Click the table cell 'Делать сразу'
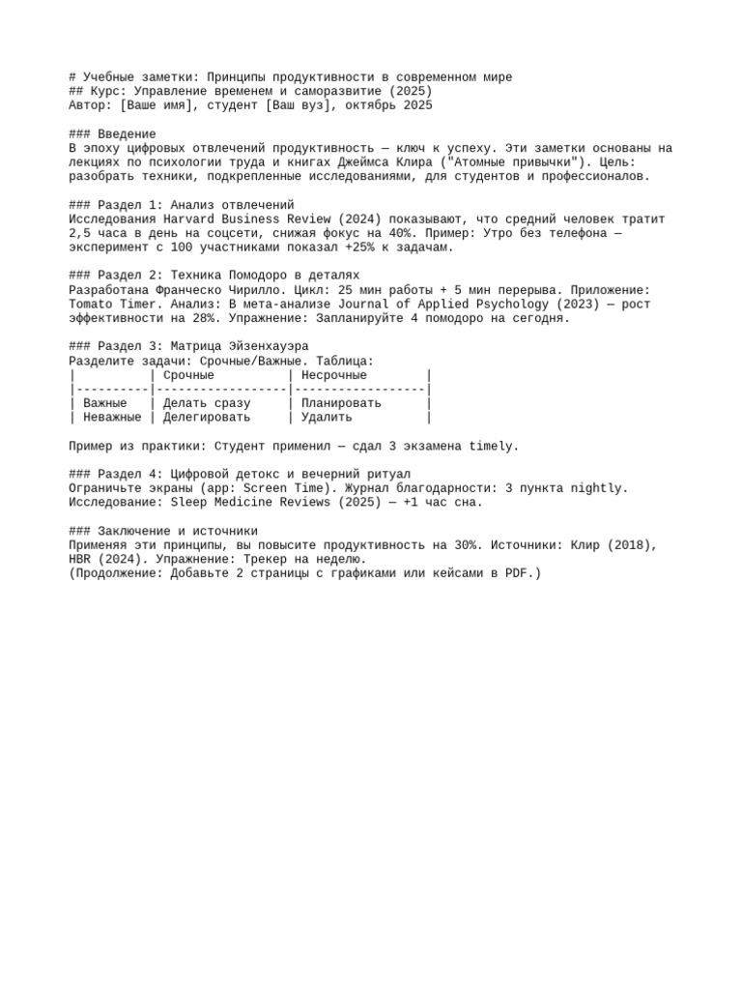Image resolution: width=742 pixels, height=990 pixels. pyautogui.click(x=207, y=403)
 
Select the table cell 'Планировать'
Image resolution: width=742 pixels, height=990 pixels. pyautogui.click(x=341, y=403)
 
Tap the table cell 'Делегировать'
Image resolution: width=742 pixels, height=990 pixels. pyautogui.click(x=207, y=418)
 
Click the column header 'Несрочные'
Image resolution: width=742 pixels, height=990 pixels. pyautogui.click(x=334, y=375)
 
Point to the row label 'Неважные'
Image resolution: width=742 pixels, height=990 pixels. pyautogui.click(x=112, y=418)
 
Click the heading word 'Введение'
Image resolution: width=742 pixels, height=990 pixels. pyautogui.click(x=128, y=134)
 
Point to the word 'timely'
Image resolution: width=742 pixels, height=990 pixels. pyautogui.click(x=494, y=447)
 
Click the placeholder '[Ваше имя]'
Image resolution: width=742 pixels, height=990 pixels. pyautogui.click(x=157, y=105)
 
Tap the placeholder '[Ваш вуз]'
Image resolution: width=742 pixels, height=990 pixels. pyautogui.click(x=298, y=105)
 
